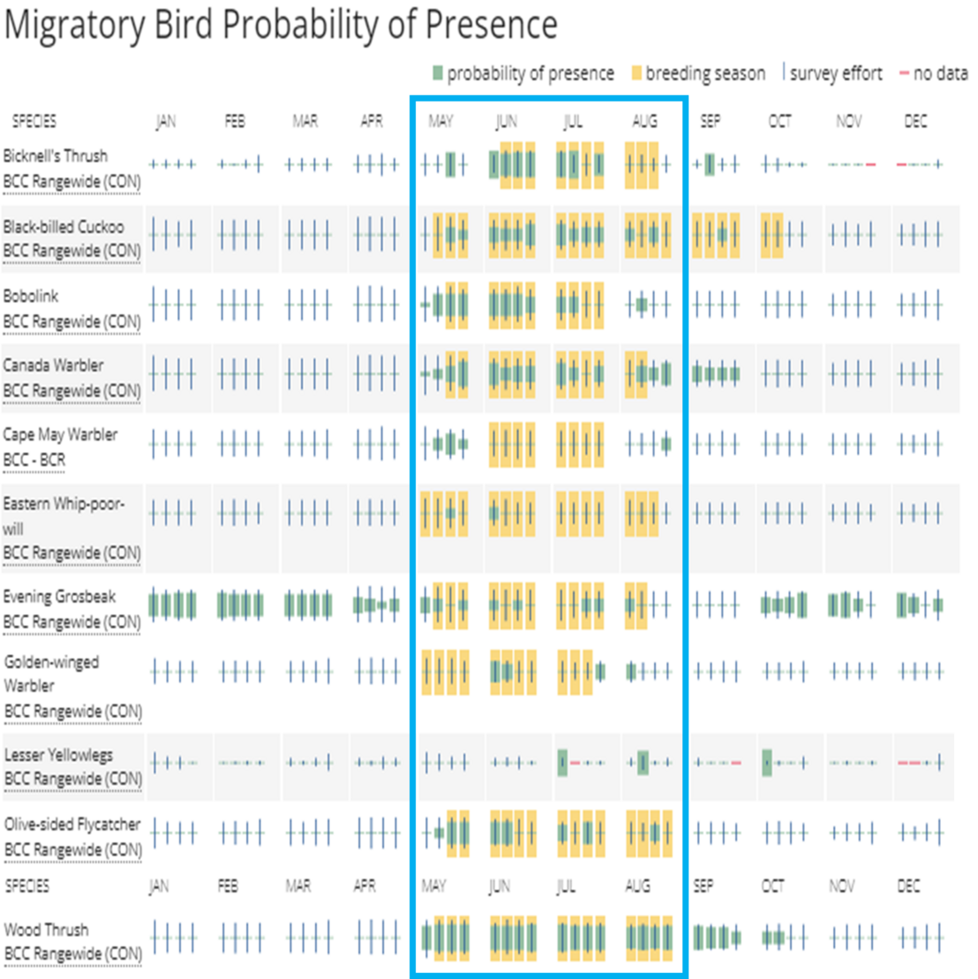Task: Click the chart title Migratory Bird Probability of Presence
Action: coord(281,26)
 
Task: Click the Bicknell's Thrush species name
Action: coord(56,156)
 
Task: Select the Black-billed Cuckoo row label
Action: coord(64,227)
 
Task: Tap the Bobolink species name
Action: coord(31,297)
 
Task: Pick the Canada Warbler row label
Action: coord(53,365)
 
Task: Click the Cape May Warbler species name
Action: coord(60,435)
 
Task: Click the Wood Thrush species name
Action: coord(45,930)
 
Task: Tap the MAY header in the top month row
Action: coord(440,122)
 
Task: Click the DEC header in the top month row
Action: coord(915,122)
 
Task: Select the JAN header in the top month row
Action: coord(166,122)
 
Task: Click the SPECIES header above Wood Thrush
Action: coord(27,885)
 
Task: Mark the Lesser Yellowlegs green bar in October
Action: coord(768,762)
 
